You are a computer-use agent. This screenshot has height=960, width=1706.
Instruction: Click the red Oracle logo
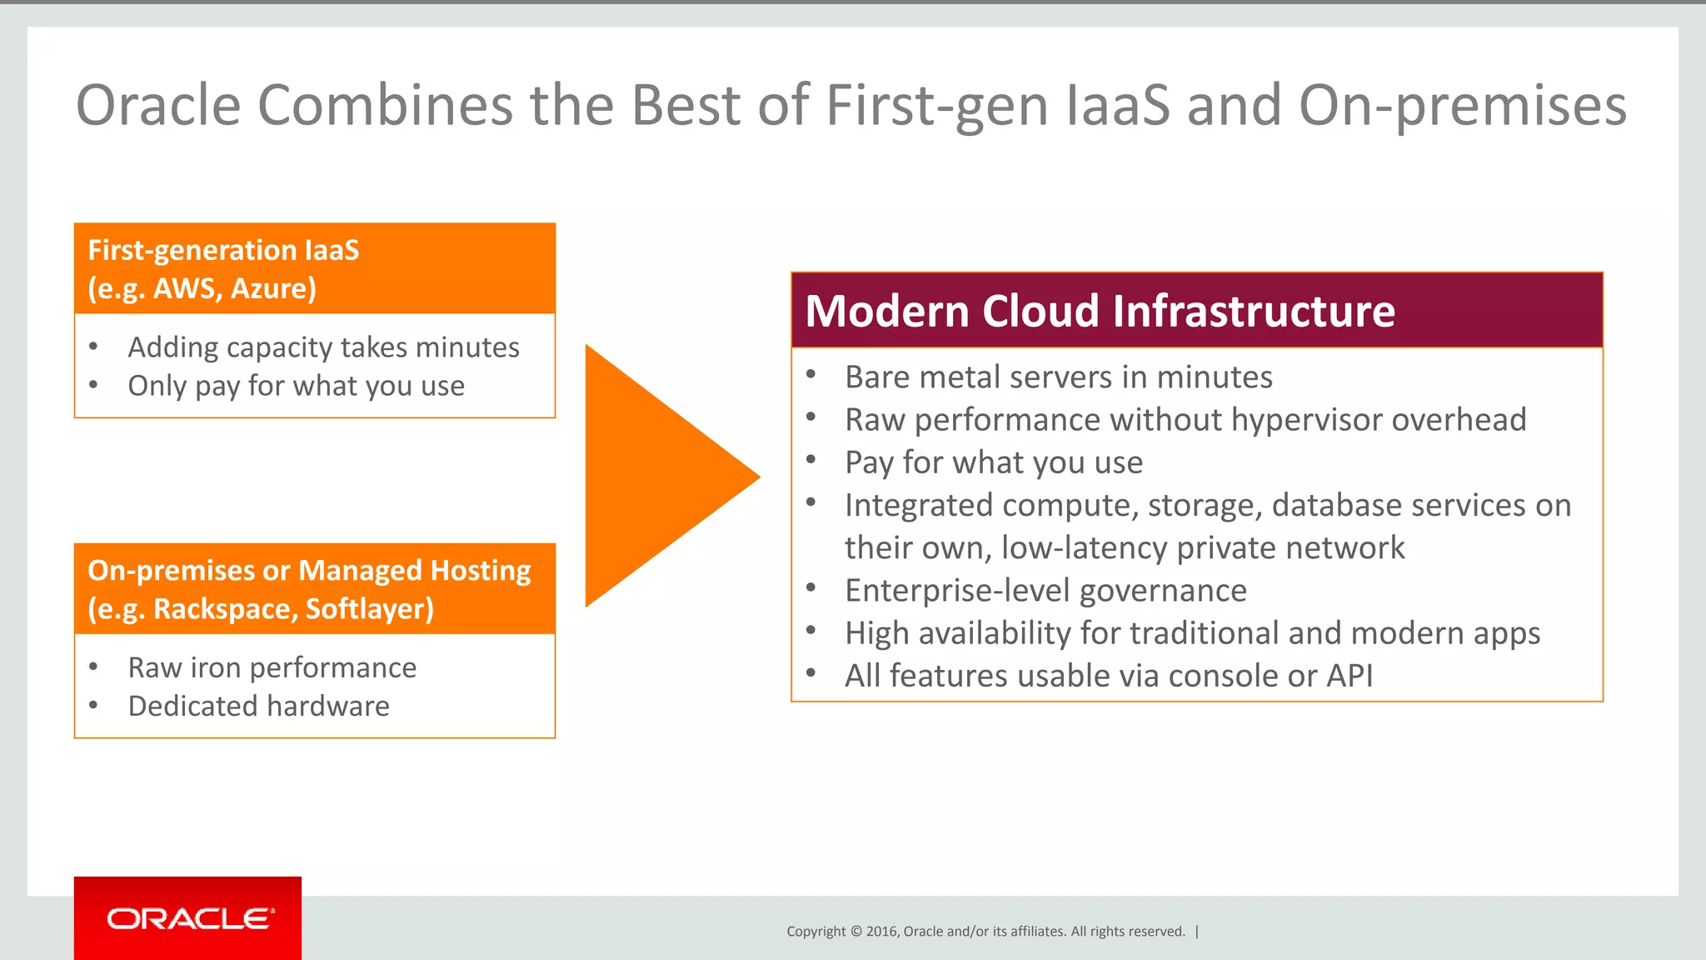[187, 918]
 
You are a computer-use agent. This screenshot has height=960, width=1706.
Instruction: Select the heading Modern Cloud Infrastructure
[1100, 311]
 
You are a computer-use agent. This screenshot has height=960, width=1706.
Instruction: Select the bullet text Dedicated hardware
[258, 706]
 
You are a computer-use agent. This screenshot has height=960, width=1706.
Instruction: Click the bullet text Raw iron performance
[272, 667]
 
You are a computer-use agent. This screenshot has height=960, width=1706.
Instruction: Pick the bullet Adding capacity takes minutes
[323, 347]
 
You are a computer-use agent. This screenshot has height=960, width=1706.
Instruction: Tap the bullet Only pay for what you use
[296, 386]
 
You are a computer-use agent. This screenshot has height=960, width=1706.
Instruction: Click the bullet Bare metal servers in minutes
[1058, 377]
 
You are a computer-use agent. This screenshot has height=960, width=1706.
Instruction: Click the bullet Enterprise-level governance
[1045, 590]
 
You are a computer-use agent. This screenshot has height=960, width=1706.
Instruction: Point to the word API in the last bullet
[1349, 675]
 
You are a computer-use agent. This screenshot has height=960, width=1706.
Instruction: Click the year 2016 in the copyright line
[882, 932]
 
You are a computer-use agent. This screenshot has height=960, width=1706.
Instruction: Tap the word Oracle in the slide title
[158, 105]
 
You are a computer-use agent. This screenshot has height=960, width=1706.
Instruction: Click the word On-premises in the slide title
[1462, 105]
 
